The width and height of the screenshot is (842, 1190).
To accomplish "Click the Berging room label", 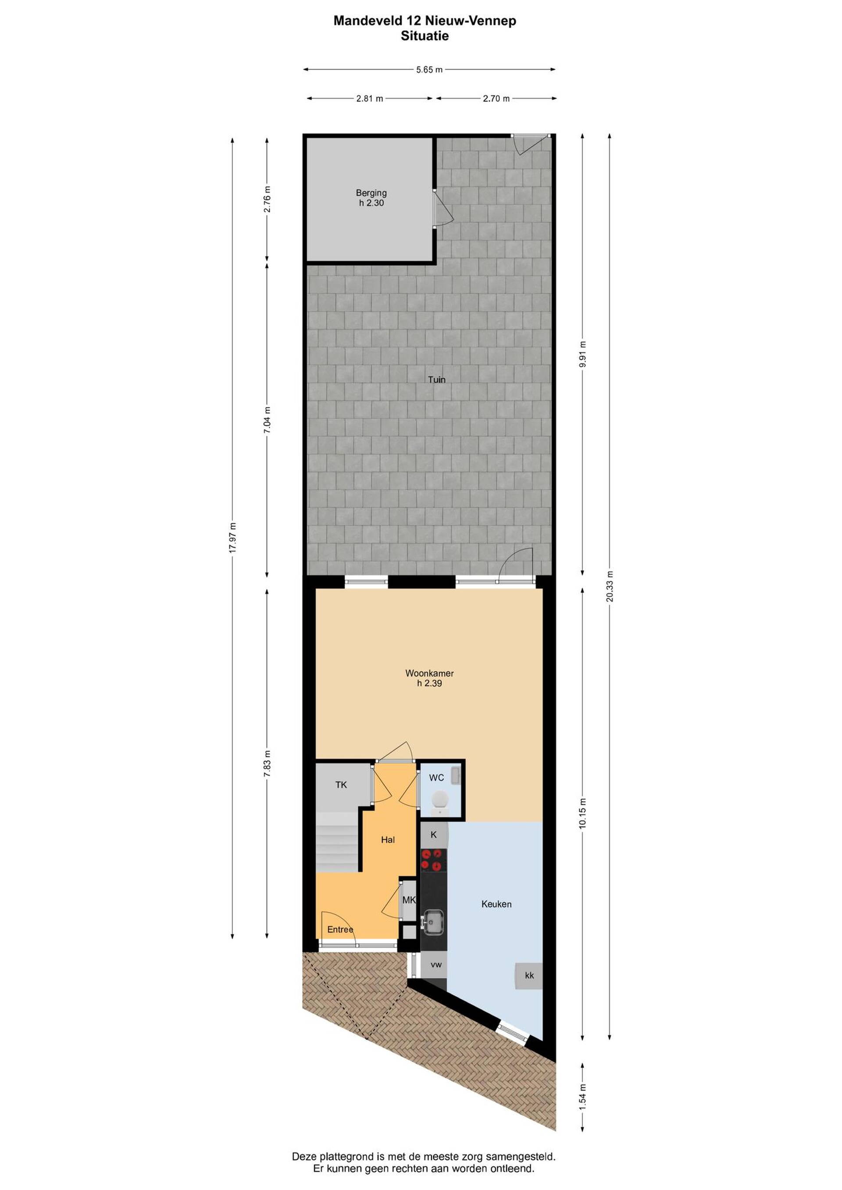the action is tap(371, 193).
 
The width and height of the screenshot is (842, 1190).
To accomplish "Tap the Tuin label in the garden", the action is tap(436, 380).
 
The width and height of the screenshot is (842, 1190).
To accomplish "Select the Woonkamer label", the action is tap(429, 673).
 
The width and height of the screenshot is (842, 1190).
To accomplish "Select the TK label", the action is tap(341, 785).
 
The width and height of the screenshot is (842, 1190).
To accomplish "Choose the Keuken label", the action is tap(496, 904).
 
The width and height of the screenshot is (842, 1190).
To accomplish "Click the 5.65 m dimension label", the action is tap(429, 69).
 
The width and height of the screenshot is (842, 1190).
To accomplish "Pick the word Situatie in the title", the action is tap(425, 36).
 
